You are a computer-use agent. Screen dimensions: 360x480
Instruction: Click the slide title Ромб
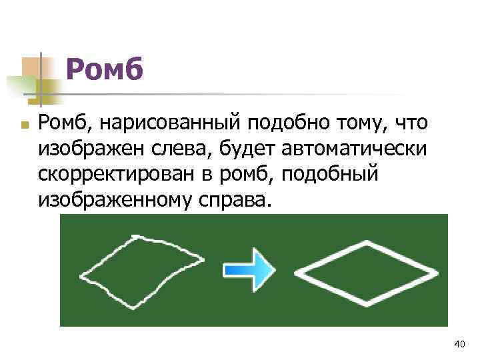(105, 70)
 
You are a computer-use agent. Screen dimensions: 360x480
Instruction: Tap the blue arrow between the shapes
(249, 270)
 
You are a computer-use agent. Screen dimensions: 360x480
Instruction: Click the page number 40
(459, 344)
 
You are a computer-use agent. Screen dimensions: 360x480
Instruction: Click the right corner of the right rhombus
(437, 273)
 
